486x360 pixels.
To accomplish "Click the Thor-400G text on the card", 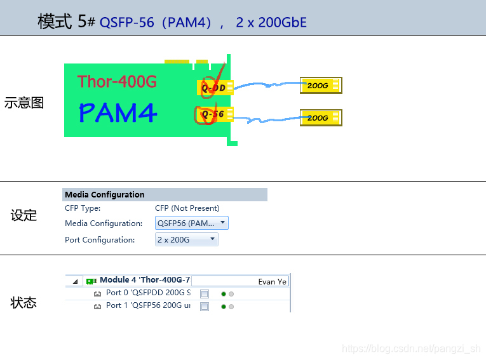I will coord(117,81).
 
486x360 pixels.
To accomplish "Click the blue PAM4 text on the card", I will coord(118,112).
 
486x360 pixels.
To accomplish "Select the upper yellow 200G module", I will coord(321,85).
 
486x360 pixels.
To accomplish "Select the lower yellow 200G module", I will coord(321,117).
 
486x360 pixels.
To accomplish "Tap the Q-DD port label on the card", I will coord(215,87).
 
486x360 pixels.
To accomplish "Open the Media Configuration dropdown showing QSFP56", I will coord(192,223).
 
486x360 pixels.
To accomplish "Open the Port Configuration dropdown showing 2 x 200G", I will coord(187,239).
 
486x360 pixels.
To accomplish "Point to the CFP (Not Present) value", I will coord(187,208).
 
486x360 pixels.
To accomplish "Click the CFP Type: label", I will coord(83,208).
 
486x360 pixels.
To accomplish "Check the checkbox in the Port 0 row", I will coord(205,294).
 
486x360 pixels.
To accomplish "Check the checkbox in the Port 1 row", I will coord(205,307).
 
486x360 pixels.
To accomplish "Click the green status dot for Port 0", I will coord(224,294).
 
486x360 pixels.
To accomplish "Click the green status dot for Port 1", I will coord(224,307).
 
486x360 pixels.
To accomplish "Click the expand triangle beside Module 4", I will coord(75,281).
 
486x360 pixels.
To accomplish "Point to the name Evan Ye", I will coord(272,281).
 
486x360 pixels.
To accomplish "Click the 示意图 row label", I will coord(24,103).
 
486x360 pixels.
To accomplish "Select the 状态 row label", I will coord(24,303).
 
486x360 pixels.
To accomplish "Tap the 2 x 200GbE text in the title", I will coord(271,23).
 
